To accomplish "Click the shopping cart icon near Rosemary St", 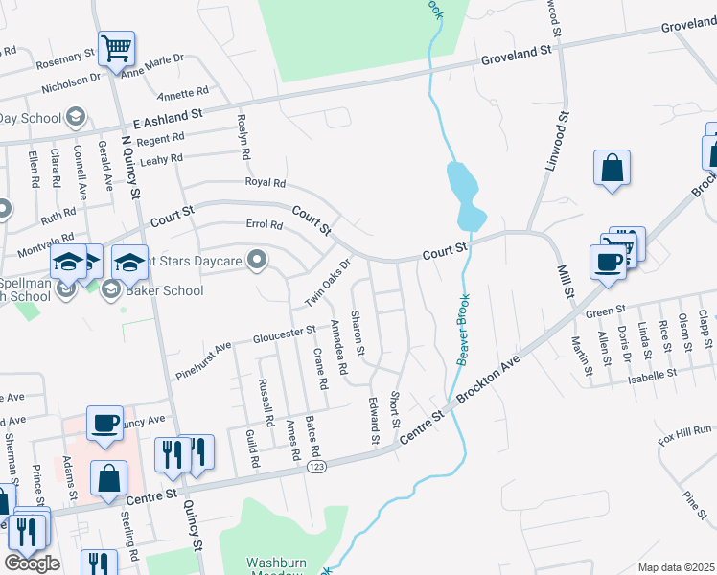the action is point(116,48).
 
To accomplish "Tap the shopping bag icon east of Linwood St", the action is point(612,169).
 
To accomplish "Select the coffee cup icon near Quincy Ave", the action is point(104,422).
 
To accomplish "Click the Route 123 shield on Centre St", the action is point(316,468).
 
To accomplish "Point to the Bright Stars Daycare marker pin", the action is point(256,260).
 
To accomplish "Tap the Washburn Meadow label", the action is point(275,563).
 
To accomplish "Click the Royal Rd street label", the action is point(266,182).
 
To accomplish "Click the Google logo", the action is point(32,563).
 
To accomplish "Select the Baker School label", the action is point(165,290).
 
